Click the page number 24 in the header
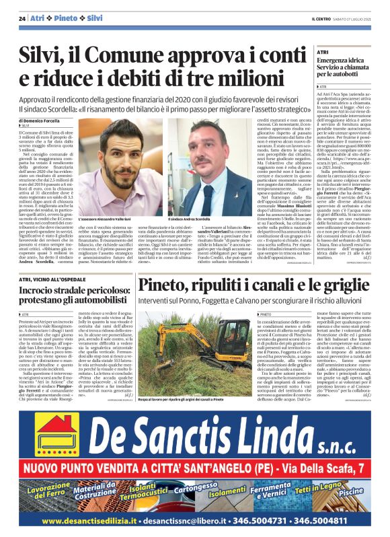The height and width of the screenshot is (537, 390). (x=22, y=17)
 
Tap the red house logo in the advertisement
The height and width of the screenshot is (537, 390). (x=56, y=427)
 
